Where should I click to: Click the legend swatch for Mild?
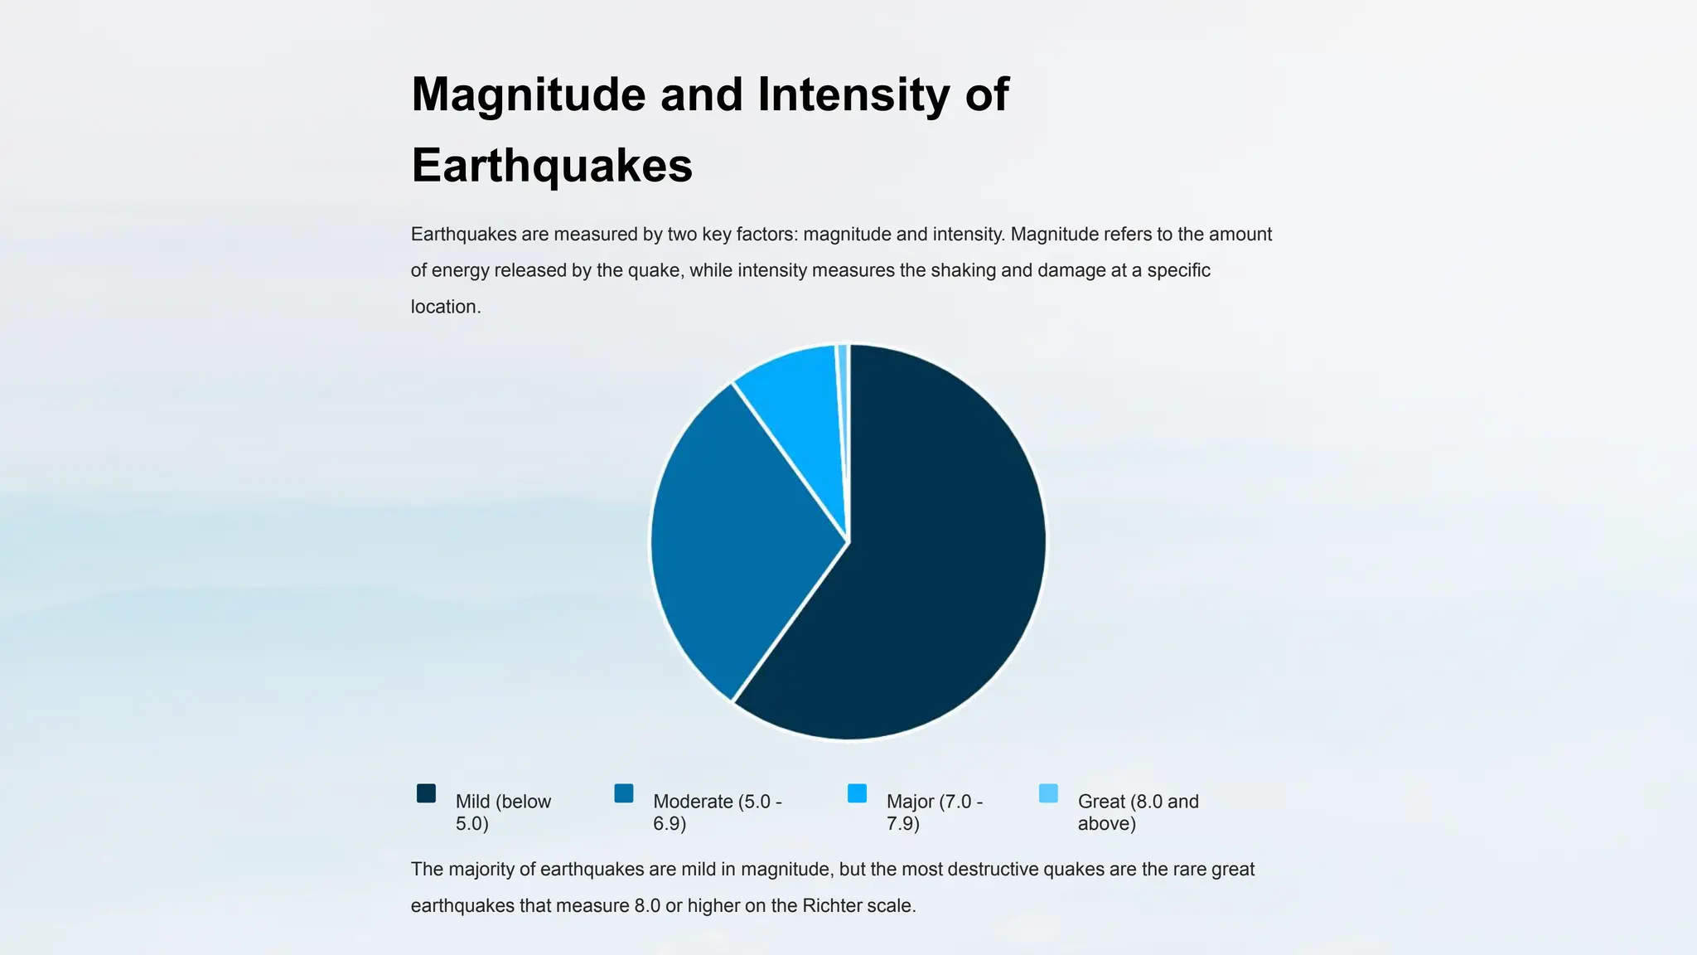426,793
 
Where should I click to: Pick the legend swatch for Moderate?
624,793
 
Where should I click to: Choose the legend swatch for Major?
857,793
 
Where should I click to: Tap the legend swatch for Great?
1048,793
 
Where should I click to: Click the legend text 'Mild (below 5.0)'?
503,812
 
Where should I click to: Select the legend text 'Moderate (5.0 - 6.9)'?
717,812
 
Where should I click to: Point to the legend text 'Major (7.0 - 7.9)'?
934,812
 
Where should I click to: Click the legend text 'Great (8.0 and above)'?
1138,812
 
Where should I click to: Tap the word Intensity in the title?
853,95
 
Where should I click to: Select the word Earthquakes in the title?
552,165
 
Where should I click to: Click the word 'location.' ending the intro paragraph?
446,307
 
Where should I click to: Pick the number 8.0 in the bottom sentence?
647,905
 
